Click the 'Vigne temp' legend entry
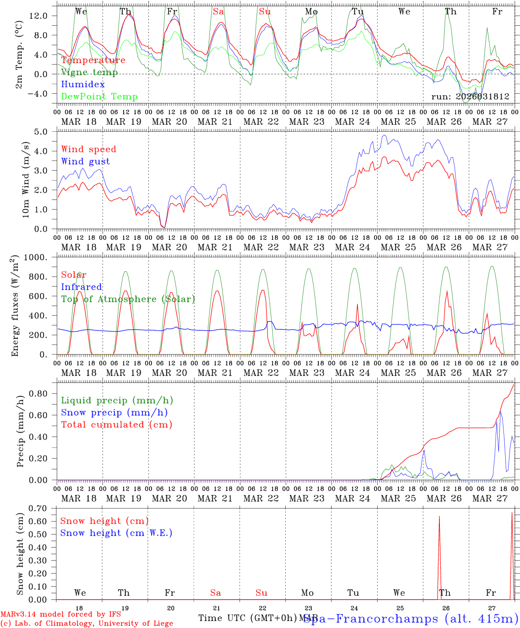[89, 72]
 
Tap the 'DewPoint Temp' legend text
[99, 97]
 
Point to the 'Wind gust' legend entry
[85, 161]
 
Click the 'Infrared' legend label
[81, 287]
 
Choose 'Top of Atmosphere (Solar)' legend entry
[128, 299]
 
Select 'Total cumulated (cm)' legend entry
[117, 425]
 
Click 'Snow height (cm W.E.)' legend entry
[116, 533]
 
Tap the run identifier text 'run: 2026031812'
[470, 97]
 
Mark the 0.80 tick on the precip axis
[44, 394]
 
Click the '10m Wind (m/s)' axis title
[26, 180]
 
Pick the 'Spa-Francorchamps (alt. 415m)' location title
[411, 618]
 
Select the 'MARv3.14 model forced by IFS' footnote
[61, 614]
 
